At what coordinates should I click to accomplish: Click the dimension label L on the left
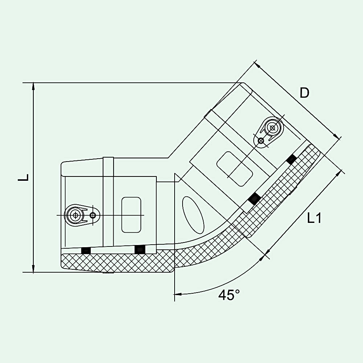point(23,178)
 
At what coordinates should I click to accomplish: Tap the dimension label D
point(305,93)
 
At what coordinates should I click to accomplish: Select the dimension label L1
point(314,218)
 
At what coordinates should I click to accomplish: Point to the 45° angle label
point(229,295)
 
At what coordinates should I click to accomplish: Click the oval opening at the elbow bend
point(193,215)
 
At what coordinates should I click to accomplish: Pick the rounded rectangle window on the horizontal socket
point(131,215)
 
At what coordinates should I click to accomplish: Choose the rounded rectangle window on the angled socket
point(234,169)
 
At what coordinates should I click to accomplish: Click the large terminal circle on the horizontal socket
point(75,215)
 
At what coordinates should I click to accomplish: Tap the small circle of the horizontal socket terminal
point(93,215)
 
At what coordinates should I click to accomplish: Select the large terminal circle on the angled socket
point(273,127)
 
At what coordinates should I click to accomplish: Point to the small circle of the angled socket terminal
point(261,140)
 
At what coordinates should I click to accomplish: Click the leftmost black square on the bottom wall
point(86,250)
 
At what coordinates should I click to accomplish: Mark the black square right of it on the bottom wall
point(140,249)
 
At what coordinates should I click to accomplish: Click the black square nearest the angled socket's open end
point(291,159)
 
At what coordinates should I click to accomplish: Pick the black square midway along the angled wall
point(254,198)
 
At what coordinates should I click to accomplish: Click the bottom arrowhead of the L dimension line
point(33,268)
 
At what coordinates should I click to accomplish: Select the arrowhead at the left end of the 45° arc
point(178,294)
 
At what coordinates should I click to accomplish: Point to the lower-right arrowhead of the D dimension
point(337,136)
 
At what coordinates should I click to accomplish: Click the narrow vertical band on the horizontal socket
point(108,202)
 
